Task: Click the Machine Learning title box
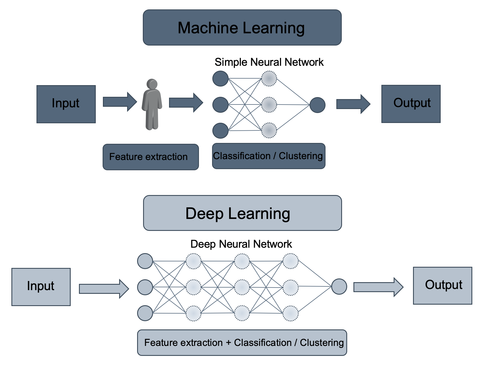(x=242, y=28)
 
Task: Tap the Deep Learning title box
(x=242, y=213)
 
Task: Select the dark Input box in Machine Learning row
(x=66, y=104)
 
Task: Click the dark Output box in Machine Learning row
(x=411, y=104)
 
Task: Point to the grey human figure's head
(x=152, y=84)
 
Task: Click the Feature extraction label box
(x=150, y=157)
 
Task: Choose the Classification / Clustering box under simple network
(x=269, y=156)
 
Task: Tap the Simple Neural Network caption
(x=269, y=62)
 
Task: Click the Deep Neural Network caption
(x=241, y=244)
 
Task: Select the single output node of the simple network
(x=317, y=105)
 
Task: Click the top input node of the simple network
(x=220, y=79)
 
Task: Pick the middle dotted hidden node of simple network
(x=269, y=104)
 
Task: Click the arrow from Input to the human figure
(x=119, y=102)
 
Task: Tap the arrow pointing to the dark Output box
(x=353, y=104)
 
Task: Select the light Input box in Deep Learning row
(x=41, y=287)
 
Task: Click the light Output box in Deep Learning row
(x=442, y=286)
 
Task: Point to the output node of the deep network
(x=339, y=286)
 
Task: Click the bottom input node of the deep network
(x=145, y=313)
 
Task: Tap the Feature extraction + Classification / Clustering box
(x=242, y=343)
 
